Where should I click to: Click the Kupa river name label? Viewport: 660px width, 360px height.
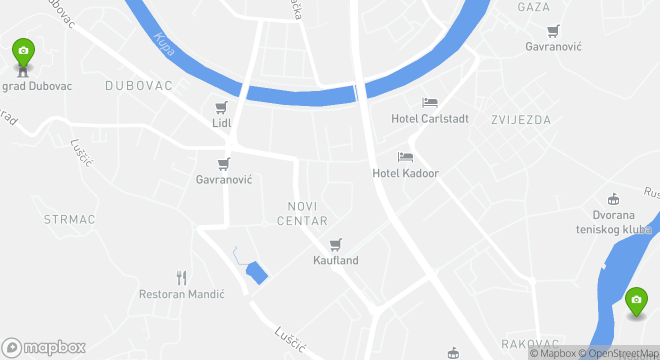164,44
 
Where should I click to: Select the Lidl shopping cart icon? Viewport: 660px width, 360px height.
221,107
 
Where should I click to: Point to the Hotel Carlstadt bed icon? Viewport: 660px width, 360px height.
430,103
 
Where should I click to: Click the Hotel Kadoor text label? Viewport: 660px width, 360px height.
405,173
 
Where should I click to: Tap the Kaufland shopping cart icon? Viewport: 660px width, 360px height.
336,245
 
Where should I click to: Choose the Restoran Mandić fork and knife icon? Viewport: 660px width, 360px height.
181,278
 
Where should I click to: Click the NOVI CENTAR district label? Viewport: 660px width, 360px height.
302,213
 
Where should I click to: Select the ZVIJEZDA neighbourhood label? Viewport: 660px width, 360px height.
521,120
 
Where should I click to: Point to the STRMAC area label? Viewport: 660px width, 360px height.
69,219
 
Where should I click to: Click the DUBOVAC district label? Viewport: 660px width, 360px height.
139,86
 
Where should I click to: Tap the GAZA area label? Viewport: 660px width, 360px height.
534,7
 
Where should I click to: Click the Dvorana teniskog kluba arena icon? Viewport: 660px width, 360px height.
613,199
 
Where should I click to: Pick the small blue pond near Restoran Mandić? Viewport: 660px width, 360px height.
256,272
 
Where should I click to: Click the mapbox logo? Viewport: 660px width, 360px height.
44,347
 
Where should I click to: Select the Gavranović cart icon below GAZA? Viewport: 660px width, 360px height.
553,31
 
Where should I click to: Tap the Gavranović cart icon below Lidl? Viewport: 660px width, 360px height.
224,164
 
